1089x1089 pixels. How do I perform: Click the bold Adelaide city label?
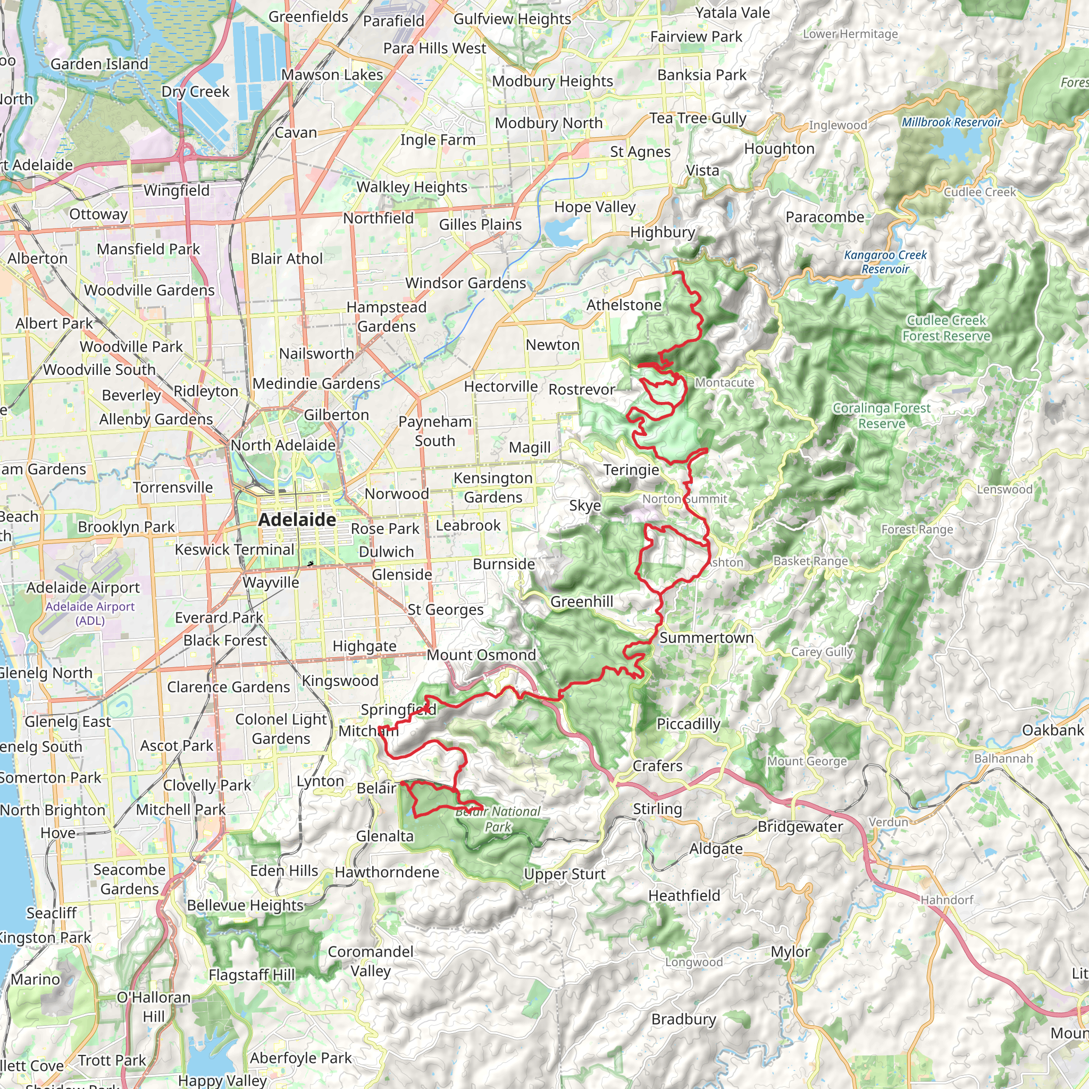coord(297,520)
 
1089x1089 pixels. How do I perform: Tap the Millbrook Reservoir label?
coord(951,122)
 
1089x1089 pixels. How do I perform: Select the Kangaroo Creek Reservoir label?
coord(885,262)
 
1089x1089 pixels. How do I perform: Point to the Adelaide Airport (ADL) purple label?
coord(90,613)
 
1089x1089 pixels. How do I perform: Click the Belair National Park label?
coord(498,819)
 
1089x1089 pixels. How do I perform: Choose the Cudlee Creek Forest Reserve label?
coord(946,328)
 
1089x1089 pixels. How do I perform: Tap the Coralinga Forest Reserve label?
coord(882,415)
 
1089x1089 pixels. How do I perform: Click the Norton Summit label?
coord(685,499)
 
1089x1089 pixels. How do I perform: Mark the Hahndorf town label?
coord(947,900)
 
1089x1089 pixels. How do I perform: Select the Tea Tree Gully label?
coord(698,118)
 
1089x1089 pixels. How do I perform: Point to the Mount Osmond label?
coord(481,655)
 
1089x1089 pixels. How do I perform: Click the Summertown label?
coord(706,638)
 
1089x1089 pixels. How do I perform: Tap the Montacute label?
coord(724,382)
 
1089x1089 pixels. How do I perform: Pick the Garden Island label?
coord(99,64)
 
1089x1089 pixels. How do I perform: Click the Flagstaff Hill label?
coord(252,975)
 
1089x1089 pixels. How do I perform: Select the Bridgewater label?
coord(800,826)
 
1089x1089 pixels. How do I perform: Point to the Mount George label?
coord(807,761)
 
